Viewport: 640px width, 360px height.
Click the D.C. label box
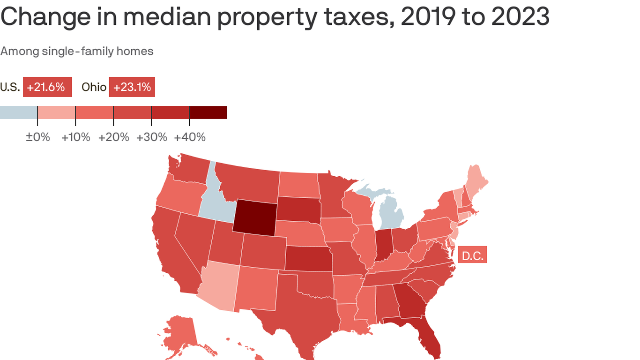(x=472, y=255)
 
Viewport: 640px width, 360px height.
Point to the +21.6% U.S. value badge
(x=47, y=87)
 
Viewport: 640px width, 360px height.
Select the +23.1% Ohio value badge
(x=132, y=87)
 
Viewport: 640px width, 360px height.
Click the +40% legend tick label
(x=190, y=137)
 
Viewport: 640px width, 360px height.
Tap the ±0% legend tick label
(x=37, y=137)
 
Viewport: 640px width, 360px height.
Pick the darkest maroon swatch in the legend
(x=208, y=112)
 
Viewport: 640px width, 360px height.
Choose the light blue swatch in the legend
(x=18, y=112)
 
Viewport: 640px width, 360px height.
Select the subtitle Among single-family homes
(x=77, y=51)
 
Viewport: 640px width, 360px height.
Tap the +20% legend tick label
(x=113, y=137)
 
